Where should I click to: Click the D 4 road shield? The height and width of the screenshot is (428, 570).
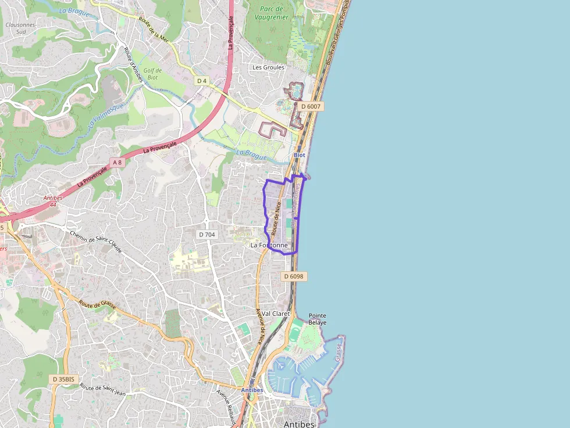click(x=202, y=81)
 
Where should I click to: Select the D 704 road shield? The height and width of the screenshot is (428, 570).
click(x=206, y=235)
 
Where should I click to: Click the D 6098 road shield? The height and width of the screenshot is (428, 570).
click(x=294, y=276)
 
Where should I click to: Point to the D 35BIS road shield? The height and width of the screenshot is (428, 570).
click(x=62, y=379)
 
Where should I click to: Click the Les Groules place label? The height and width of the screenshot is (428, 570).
click(x=268, y=67)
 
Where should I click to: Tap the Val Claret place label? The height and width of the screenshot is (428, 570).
click(x=276, y=314)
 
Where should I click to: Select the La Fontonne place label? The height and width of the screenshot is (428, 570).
click(x=269, y=246)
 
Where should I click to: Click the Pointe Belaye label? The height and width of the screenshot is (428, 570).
click(x=318, y=319)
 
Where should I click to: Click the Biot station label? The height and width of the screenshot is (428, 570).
click(x=299, y=156)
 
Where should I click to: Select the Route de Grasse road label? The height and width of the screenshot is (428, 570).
click(x=98, y=305)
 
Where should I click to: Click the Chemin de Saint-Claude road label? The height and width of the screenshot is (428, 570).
click(x=95, y=242)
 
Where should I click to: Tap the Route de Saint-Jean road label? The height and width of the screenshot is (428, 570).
click(x=103, y=391)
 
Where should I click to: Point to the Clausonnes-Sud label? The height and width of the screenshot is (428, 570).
click(x=20, y=28)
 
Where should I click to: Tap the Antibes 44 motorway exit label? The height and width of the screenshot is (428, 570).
click(x=53, y=201)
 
